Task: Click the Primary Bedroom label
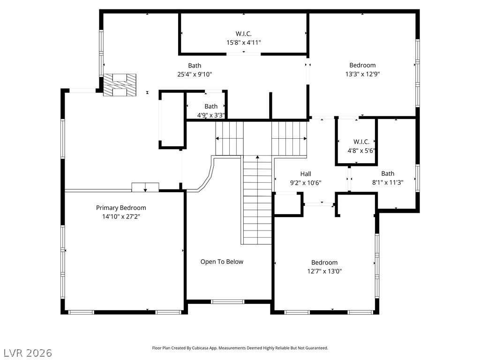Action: [x=121, y=208]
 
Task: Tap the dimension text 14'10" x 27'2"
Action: [x=121, y=217]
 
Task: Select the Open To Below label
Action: [x=222, y=262]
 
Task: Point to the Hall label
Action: [x=306, y=174]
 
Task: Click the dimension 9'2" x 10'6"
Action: [x=306, y=183]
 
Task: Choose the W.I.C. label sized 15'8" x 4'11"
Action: [x=243, y=33]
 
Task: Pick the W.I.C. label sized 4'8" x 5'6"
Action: [x=361, y=142]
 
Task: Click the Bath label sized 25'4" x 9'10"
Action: [x=195, y=66]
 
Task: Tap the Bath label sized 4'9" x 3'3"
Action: [x=211, y=106]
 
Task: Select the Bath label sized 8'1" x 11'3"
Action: [x=388, y=173]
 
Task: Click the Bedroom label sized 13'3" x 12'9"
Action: [x=362, y=65]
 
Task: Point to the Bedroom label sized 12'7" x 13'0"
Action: [x=324, y=262]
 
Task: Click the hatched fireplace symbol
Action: [x=120, y=85]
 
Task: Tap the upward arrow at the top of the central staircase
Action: [x=257, y=157]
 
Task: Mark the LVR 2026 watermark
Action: [x=28, y=352]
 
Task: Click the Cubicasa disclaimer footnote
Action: [x=240, y=348]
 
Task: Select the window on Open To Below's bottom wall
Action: [x=227, y=301]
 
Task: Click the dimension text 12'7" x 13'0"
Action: [x=324, y=271]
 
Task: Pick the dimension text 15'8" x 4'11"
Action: [x=243, y=42]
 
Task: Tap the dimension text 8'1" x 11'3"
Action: [x=388, y=183]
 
